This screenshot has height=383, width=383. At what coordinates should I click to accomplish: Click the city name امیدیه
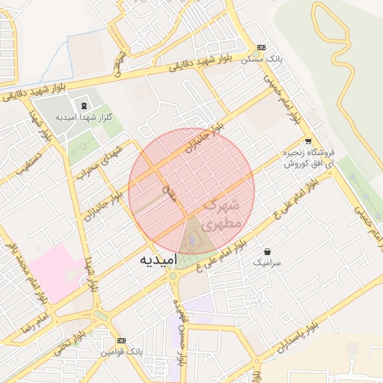pyautogui.click(x=158, y=260)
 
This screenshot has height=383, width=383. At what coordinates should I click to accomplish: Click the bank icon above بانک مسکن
pyautogui.click(x=260, y=46)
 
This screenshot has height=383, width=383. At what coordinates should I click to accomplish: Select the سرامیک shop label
pyautogui.click(x=267, y=263)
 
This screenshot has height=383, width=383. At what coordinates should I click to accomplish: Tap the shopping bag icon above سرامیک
pyautogui.click(x=267, y=251)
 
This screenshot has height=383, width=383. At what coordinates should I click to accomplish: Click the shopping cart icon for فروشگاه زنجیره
pyautogui.click(x=308, y=141)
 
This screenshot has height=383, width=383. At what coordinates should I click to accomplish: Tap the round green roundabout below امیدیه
pyautogui.click(x=174, y=277)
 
